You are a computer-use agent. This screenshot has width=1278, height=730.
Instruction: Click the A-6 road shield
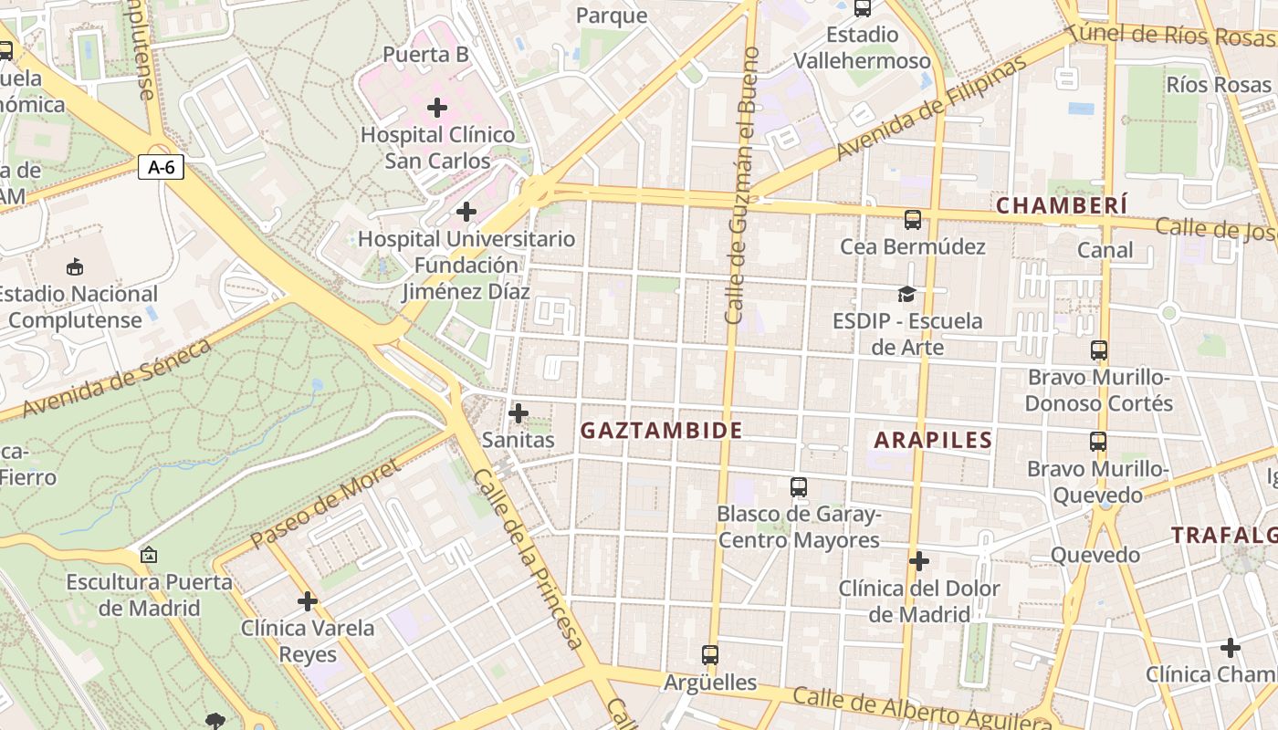161,167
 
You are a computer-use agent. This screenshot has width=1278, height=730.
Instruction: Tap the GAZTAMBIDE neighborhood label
662,431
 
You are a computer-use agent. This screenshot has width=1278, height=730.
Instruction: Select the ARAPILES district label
933,440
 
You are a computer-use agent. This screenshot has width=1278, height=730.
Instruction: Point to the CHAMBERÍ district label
1062,205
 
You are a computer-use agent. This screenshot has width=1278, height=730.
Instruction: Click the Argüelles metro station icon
710,654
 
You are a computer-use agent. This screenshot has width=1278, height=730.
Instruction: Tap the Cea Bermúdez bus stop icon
912,220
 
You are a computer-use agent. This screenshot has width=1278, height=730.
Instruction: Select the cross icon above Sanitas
519,413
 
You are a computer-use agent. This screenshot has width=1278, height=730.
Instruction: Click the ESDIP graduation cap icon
906,294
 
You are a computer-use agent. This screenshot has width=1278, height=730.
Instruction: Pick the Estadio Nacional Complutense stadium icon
75,267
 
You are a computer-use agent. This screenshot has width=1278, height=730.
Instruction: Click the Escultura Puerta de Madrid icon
148,555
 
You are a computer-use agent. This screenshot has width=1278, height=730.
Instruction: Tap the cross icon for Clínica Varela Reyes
308,601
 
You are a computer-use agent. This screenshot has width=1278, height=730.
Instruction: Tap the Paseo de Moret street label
324,505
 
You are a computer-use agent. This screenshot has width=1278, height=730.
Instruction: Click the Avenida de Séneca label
117,377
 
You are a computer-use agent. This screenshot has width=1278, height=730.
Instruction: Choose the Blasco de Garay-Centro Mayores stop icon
799,487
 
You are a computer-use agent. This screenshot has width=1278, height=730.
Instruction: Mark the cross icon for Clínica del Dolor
919,560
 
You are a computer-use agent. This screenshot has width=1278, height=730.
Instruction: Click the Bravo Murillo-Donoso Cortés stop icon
1099,350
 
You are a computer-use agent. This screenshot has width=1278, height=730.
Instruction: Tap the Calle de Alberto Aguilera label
922,710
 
